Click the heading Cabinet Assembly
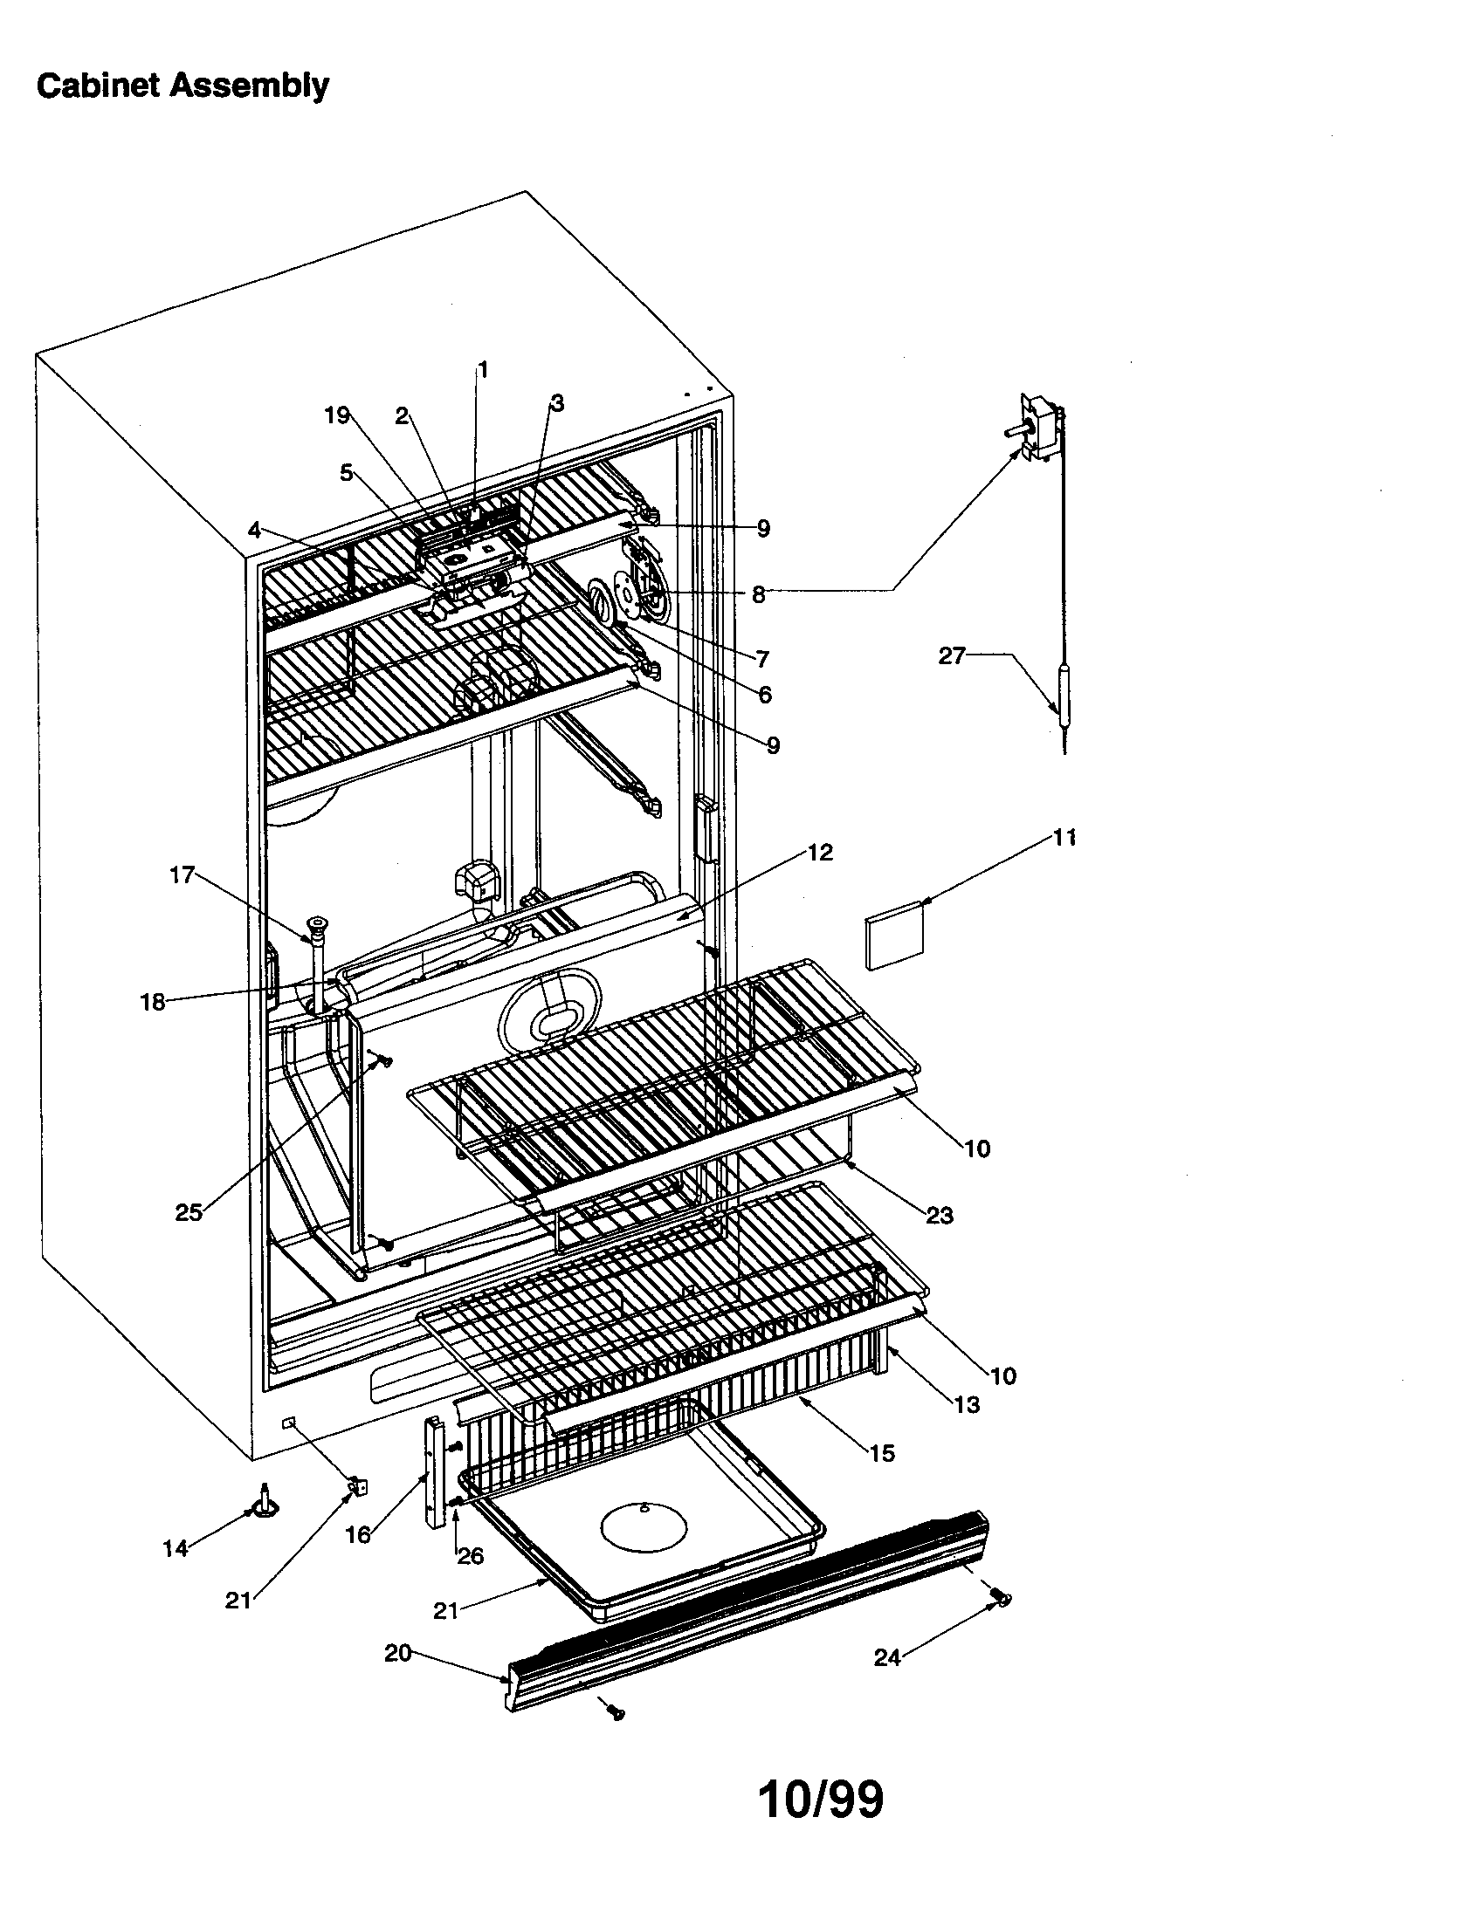tap(183, 86)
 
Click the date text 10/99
tap(820, 1800)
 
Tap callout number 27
tap(952, 655)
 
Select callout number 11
tap(1064, 838)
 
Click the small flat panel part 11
tap(896, 936)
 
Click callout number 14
tap(176, 1549)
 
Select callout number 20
tap(397, 1654)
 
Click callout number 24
tap(887, 1657)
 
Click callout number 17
tap(182, 874)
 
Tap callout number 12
tap(820, 852)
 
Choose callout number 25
tap(189, 1213)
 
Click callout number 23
tap(940, 1215)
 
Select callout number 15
tap(881, 1453)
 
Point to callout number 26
tap(471, 1556)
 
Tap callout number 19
tap(337, 415)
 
